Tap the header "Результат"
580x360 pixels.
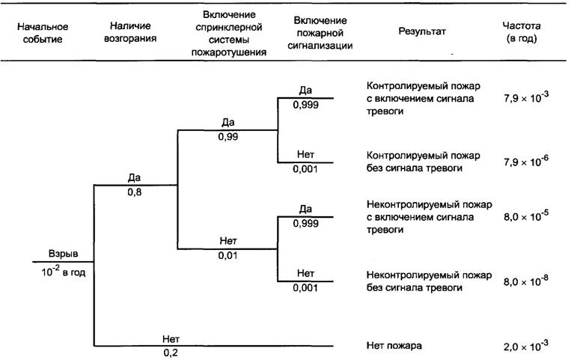click(421, 32)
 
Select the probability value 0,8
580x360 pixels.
click(135, 192)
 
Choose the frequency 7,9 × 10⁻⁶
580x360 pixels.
click(525, 161)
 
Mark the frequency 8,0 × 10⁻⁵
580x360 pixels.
click(525, 216)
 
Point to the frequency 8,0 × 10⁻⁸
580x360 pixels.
click(525, 281)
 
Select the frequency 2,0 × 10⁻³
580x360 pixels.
click(525, 346)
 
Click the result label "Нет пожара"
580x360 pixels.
click(394, 346)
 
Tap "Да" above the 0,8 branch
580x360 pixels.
click(135, 178)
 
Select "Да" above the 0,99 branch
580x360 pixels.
click(228, 123)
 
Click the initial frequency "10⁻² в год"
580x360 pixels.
click(64, 272)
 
